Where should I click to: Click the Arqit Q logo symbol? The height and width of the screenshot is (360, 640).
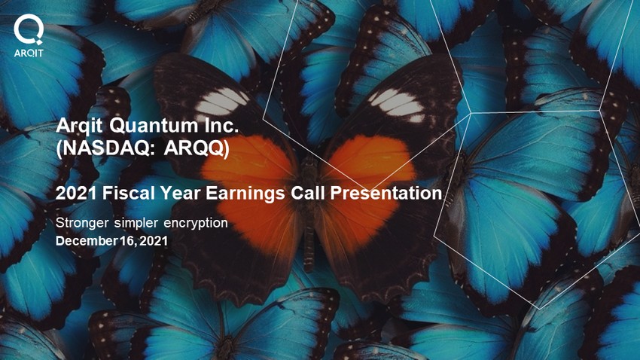[28, 29]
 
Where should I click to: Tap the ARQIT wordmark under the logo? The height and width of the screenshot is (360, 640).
[29, 53]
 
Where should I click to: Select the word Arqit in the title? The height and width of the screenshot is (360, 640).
[79, 126]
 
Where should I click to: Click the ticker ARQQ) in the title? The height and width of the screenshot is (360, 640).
[197, 148]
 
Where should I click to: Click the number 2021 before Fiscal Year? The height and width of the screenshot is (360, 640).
[76, 193]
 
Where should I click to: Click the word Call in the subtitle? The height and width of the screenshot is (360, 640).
[308, 193]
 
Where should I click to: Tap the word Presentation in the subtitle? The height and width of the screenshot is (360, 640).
[386, 193]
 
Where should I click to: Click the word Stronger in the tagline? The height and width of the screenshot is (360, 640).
[82, 223]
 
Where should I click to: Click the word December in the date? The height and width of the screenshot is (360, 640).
[87, 241]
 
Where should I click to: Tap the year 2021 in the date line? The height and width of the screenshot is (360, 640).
[154, 241]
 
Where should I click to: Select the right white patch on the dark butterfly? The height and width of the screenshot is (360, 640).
[397, 105]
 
